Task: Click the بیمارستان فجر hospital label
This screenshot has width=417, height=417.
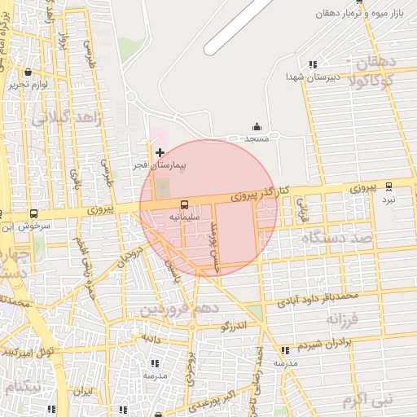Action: click(x=160, y=165)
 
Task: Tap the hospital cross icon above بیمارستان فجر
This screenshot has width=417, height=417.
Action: click(x=160, y=152)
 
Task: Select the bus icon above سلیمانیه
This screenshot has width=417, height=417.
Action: click(x=184, y=204)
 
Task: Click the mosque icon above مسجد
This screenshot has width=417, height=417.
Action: click(x=258, y=126)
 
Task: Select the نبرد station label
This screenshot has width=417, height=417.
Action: click(x=389, y=199)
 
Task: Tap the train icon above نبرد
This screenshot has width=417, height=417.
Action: click(x=389, y=186)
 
